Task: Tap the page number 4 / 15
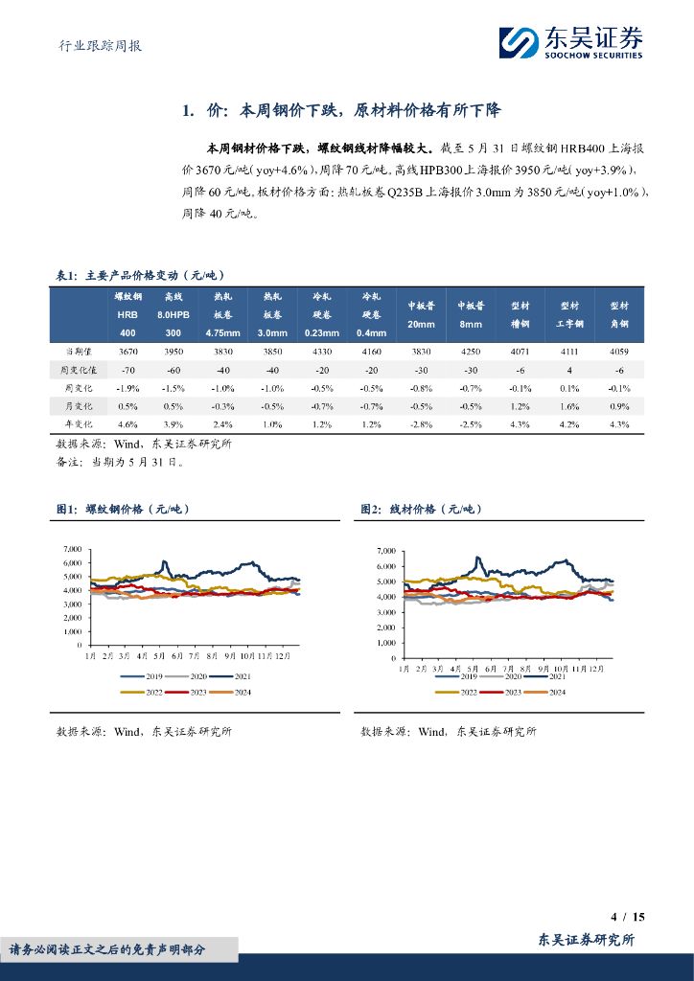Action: pos(628,917)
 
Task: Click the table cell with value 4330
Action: pos(323,352)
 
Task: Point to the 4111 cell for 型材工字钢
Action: pos(569,352)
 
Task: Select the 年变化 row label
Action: pos(77,423)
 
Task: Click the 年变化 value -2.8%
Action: pos(421,423)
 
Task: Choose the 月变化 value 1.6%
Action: pos(569,405)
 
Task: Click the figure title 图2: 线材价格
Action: pos(421,510)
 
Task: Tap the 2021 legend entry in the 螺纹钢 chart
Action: pos(229,676)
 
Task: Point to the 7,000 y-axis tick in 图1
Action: pos(73,549)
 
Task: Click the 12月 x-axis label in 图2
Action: pos(596,666)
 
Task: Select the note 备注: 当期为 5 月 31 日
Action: pos(119,461)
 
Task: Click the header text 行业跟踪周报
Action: pos(94,45)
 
